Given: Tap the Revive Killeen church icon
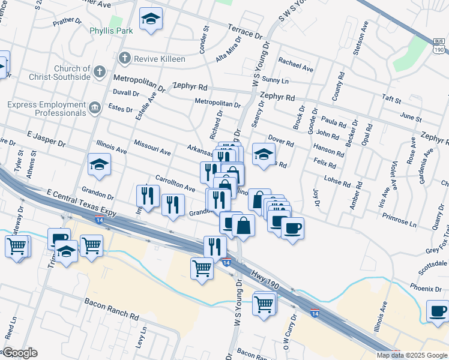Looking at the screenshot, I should coord(124,58).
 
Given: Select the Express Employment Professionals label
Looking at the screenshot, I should coord(47,109).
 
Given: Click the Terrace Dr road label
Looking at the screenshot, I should coord(244,31).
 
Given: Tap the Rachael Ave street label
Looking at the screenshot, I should coord(296,64).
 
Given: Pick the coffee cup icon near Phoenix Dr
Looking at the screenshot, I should coord(438,311).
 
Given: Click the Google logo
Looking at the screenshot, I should coord(20,353).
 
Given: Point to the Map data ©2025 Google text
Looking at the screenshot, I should coord(412,355).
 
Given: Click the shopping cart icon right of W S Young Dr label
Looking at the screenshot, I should coord(264,304).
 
